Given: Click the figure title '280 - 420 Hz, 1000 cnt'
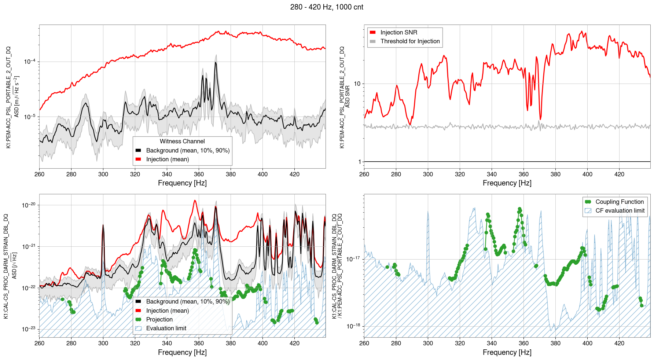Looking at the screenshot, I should (327, 7).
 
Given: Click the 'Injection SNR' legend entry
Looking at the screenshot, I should (398, 33).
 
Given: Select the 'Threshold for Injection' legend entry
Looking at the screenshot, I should (410, 41).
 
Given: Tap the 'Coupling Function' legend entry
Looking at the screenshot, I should (619, 202).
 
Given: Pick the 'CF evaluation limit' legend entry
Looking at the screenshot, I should (620, 211).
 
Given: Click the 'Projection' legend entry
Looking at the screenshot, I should (159, 320).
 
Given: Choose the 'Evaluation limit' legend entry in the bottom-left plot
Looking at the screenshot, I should (166, 328).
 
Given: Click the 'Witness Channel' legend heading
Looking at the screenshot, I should (182, 142).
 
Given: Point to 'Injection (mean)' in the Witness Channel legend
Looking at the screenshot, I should (167, 159).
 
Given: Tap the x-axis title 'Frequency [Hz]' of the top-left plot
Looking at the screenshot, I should (182, 183).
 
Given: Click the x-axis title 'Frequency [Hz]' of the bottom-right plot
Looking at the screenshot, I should (507, 352).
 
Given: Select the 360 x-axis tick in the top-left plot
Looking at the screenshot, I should (199, 174).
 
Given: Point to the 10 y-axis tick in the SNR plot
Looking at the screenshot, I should (357, 84).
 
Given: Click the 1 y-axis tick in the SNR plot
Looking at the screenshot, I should (359, 162).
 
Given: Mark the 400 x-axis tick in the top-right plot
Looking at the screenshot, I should (587, 174).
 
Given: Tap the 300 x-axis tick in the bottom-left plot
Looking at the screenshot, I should (103, 344).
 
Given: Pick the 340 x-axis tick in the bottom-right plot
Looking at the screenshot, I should (492, 344).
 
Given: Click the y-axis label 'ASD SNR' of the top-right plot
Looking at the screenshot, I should (348, 97).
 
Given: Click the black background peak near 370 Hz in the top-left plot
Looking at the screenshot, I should (216, 63).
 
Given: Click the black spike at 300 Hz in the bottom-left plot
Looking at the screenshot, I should (103, 226).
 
